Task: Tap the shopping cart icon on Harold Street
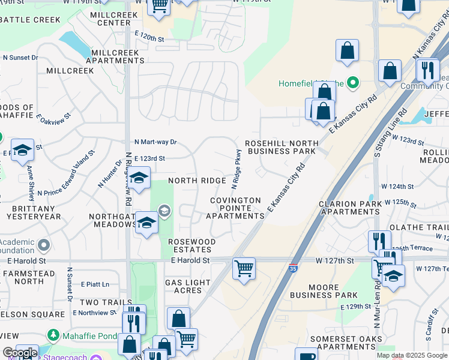pos(244,268)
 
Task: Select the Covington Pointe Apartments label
pos(236,208)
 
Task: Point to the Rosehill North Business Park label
pos(281,148)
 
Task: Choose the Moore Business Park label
pos(324,290)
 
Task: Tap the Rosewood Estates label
pos(191,245)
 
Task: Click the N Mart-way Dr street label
pos(155,142)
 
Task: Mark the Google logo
pos(20,353)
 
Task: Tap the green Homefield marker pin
pos(353,83)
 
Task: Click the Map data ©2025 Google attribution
pos(411,355)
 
